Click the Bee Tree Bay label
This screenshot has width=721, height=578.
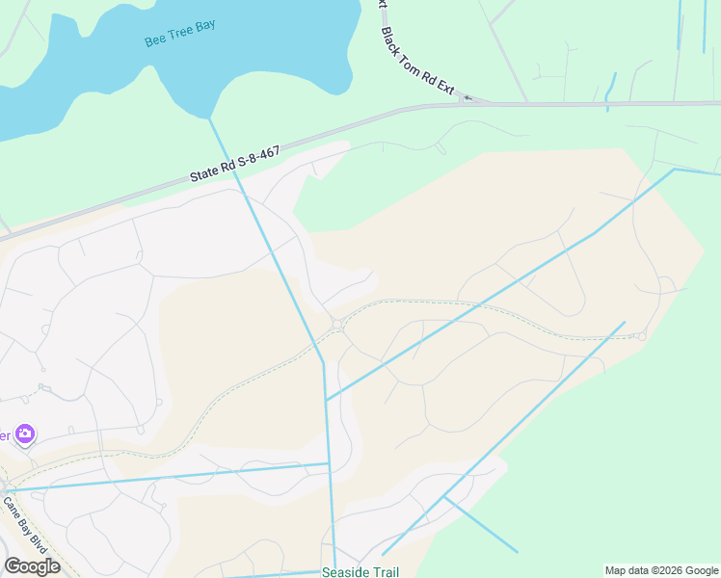(x=179, y=34)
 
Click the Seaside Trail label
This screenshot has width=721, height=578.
(x=360, y=572)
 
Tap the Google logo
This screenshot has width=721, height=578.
(x=32, y=566)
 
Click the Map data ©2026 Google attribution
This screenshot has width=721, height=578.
(x=661, y=571)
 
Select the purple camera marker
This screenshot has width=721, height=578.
(x=24, y=434)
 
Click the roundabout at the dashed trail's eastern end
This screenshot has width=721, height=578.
(x=642, y=336)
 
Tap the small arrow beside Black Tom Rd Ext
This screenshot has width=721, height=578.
(x=468, y=97)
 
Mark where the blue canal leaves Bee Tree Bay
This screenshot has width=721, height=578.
(x=209, y=118)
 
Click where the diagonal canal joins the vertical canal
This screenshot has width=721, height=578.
(x=326, y=400)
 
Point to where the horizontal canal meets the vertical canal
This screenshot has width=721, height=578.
(x=330, y=464)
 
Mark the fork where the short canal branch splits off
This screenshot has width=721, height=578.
(x=444, y=497)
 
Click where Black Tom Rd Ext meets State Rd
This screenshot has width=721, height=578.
(x=472, y=102)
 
